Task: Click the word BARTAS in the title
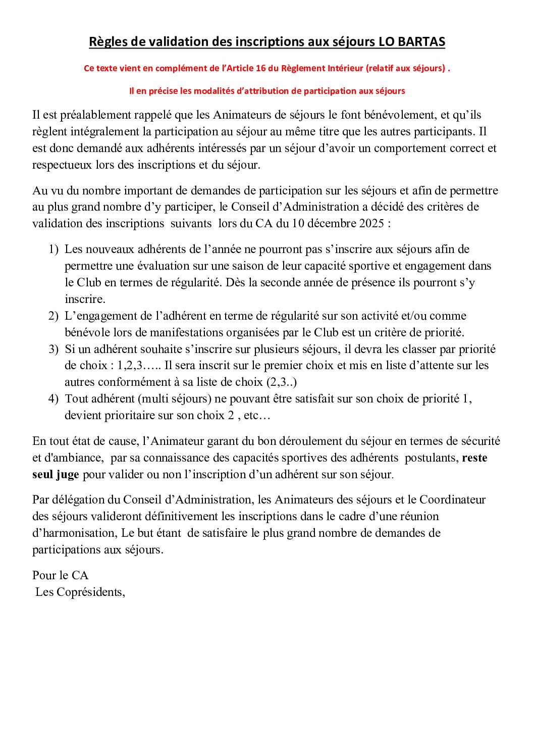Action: [x=421, y=42]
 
